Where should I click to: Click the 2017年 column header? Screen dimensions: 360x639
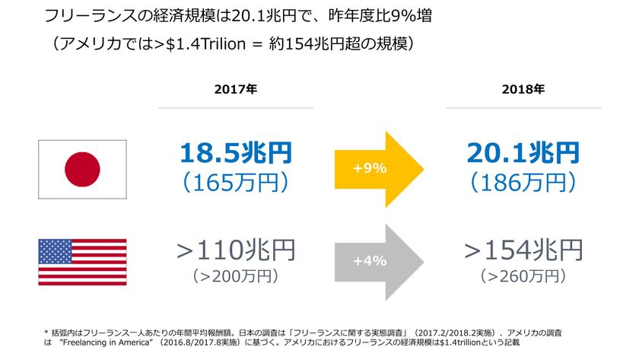pyautogui.click(x=236, y=89)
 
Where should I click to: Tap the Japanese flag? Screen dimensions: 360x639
pyautogui.click(x=83, y=169)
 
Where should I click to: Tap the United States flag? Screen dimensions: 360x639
pyautogui.click(x=83, y=262)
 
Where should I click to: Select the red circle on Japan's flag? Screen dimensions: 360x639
pyautogui.click(x=83, y=169)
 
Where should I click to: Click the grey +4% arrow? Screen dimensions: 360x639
pyautogui.click(x=377, y=260)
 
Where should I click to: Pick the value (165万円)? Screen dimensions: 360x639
pyautogui.click(x=236, y=182)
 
